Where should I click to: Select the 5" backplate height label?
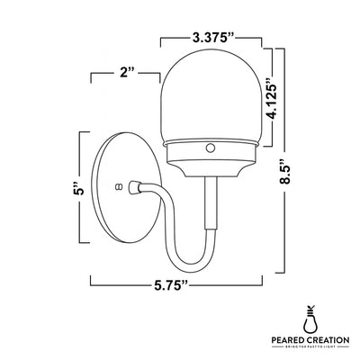[x=79, y=190]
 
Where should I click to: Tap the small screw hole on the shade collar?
[x=211, y=146]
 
